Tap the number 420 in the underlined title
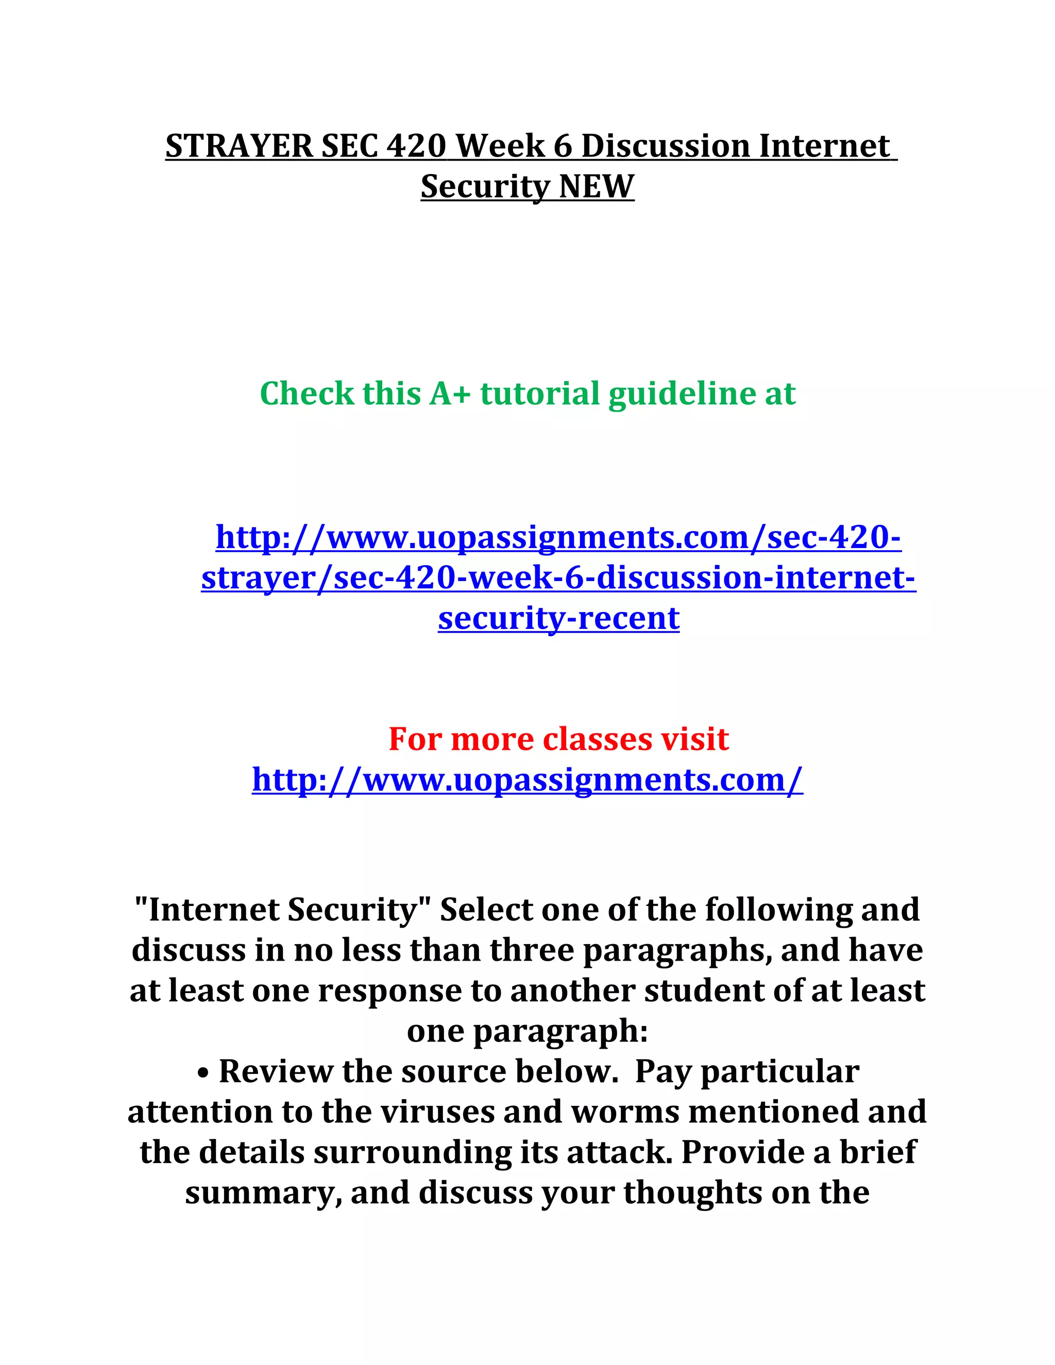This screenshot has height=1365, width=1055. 416,146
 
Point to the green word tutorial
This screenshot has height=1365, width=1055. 540,394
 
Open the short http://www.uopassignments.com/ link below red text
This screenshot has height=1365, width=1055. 527,779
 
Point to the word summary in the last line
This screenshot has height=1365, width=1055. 263,1192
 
